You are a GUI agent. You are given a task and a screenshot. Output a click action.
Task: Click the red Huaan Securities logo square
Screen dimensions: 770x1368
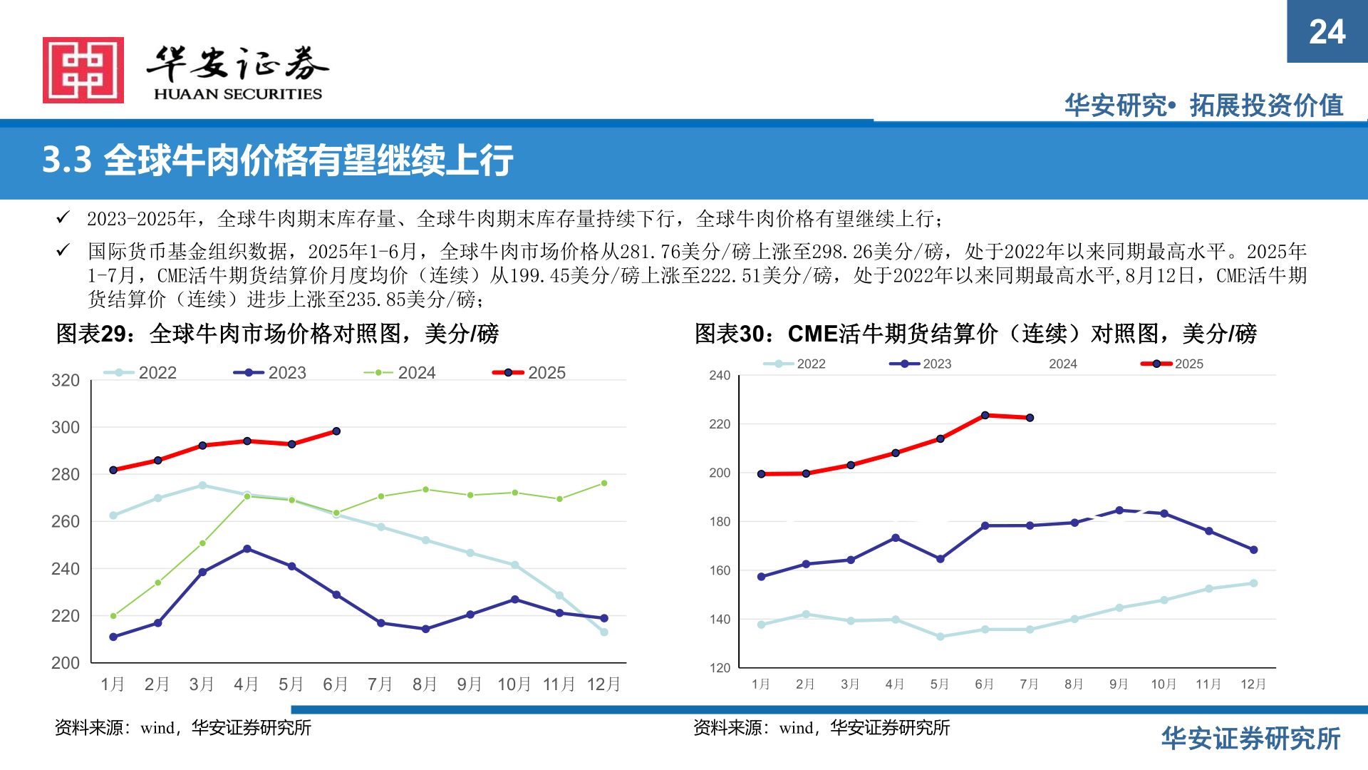(x=83, y=70)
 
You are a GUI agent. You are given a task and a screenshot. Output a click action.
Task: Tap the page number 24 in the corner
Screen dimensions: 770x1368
(x=1327, y=32)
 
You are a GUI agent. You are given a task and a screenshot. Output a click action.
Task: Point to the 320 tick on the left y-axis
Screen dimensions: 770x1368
(x=66, y=380)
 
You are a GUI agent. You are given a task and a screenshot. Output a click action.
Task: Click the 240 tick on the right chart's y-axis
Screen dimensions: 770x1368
(x=720, y=376)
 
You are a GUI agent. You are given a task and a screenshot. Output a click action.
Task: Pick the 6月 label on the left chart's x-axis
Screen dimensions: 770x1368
(x=336, y=684)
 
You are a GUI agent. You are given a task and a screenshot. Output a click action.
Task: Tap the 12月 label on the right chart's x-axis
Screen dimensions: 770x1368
(x=1253, y=684)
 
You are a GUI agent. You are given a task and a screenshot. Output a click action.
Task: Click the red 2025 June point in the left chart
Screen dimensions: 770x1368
(x=336, y=431)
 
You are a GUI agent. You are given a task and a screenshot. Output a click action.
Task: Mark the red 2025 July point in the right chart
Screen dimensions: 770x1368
(x=1030, y=418)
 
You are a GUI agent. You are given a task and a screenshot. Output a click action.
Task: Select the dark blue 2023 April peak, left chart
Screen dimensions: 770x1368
(x=247, y=549)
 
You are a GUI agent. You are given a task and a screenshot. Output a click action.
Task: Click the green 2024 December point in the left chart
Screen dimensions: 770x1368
(x=604, y=483)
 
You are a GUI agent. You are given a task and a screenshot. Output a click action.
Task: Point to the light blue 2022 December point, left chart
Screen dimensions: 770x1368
(x=604, y=632)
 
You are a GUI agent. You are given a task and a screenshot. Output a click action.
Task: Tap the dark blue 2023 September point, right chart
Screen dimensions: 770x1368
(x=1119, y=510)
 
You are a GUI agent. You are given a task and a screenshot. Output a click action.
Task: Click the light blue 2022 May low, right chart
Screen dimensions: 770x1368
(x=940, y=637)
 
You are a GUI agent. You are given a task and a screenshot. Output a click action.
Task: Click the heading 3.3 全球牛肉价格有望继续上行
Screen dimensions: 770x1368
(x=278, y=160)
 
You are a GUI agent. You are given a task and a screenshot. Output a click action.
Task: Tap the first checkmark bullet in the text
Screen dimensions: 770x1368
(x=63, y=217)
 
